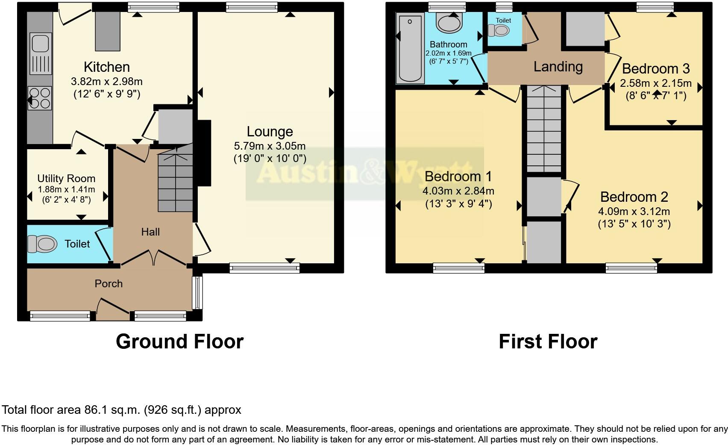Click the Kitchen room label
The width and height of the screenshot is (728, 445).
[107, 67]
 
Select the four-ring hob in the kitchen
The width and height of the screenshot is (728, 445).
[40, 98]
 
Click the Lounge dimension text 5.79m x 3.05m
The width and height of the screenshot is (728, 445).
[270, 146]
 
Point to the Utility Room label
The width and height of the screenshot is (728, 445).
[66, 179]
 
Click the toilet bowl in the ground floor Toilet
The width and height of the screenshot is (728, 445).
[42, 244]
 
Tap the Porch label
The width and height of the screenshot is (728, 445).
[109, 284]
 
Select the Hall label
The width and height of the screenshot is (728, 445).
[150, 232]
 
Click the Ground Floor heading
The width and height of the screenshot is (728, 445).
[179, 342]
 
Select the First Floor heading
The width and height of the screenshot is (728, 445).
[548, 342]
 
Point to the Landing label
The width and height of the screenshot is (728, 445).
[558, 67]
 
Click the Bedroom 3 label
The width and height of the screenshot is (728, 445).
[656, 69]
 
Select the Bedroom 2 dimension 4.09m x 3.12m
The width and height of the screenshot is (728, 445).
[634, 211]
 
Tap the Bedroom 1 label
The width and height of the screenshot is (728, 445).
[458, 176]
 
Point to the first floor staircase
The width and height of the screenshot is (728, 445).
[543, 128]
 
